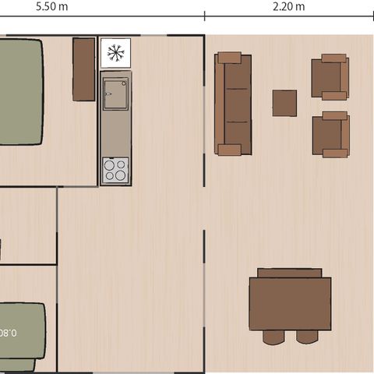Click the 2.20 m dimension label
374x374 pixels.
click(289, 6)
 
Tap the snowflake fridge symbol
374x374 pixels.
click(115, 53)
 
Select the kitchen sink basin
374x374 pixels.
click(115, 93)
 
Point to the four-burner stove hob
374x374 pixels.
click(115, 169)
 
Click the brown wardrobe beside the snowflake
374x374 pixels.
click(83, 69)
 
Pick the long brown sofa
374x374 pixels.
click(232, 104)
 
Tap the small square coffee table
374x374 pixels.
click(284, 103)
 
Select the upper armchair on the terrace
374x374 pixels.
click(330, 77)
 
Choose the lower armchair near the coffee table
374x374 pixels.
click(330, 135)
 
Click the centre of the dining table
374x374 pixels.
click(290, 303)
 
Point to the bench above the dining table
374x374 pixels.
click(289, 273)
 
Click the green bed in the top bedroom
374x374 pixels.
click(19, 92)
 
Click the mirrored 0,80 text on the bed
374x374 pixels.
click(8, 331)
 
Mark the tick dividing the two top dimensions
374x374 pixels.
click(205, 16)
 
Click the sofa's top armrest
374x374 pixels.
click(230, 58)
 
